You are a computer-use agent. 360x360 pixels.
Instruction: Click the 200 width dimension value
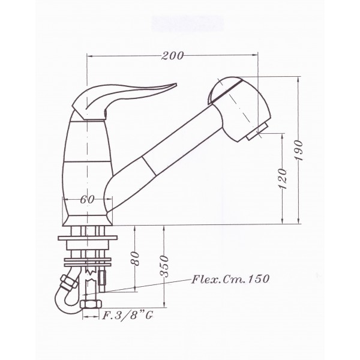point(172,56)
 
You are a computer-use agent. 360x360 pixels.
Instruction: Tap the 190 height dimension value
point(299,150)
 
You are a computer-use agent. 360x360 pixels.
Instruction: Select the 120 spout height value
point(283,179)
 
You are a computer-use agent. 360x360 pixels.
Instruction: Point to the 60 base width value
point(87,199)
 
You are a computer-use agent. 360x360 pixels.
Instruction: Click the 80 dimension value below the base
point(136,259)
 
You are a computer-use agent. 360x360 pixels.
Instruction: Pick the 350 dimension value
point(164,266)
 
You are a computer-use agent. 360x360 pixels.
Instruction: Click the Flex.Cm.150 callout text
point(230,279)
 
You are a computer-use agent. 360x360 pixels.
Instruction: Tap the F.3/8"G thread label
point(127,316)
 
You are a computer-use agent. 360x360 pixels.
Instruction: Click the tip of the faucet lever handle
point(176,84)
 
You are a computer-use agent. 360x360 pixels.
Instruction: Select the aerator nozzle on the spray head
point(257,131)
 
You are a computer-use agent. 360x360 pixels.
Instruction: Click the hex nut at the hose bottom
point(91,304)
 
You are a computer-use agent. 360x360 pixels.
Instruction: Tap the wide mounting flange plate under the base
point(88,238)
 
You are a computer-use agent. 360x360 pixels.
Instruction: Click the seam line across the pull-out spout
point(149,166)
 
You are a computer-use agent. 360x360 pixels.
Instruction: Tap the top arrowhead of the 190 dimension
point(298,79)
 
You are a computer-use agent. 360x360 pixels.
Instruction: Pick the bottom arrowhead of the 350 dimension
point(164,305)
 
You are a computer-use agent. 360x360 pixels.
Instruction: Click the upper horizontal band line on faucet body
point(88,121)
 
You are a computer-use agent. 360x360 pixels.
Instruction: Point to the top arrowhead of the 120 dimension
point(282,136)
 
